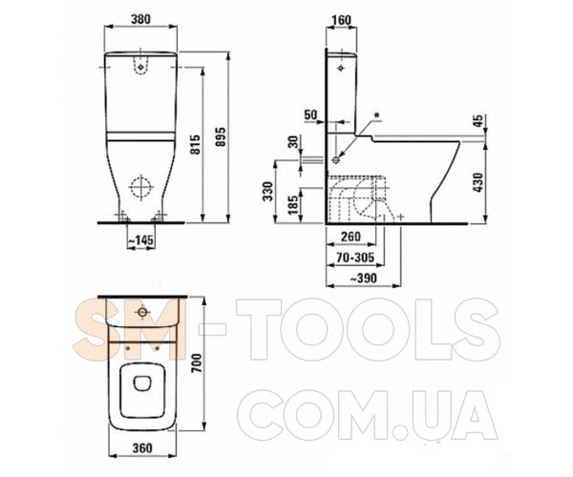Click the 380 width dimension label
[140, 19]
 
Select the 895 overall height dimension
[221, 137]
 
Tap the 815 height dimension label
[196, 144]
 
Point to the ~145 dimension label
[140, 239]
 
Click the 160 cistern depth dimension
[342, 20]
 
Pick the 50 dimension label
[311, 115]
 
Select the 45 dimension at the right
[479, 121]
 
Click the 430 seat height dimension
[479, 182]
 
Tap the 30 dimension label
[294, 141]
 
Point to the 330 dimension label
[268, 191]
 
